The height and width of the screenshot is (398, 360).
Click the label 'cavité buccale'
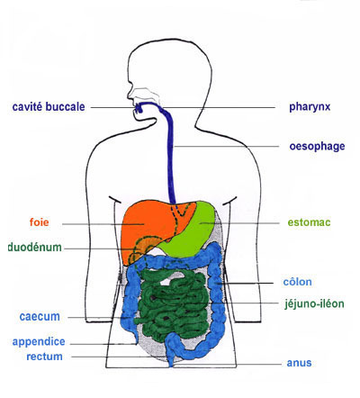tap(49, 107)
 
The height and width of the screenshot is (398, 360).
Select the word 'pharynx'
tap(310, 107)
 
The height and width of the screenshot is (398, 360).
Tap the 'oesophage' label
tap(317, 147)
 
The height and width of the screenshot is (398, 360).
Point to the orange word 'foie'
tap(39, 222)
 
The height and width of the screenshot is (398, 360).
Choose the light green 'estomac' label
tap(309, 222)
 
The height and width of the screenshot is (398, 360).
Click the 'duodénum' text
tap(35, 247)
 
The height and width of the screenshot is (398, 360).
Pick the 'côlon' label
tap(298, 282)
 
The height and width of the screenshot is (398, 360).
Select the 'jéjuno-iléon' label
tap(314, 303)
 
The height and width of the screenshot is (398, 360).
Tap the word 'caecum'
tap(40, 317)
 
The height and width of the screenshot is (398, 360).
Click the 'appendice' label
tap(39, 342)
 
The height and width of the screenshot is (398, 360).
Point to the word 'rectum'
tap(44, 357)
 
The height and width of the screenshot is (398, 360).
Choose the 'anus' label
tap(299, 363)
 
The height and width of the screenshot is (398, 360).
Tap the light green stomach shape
tap(192, 231)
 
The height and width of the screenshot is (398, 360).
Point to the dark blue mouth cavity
tap(139, 108)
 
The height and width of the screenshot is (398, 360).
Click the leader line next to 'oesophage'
tap(227, 147)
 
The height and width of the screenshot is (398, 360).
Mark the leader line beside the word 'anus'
tap(228, 365)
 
